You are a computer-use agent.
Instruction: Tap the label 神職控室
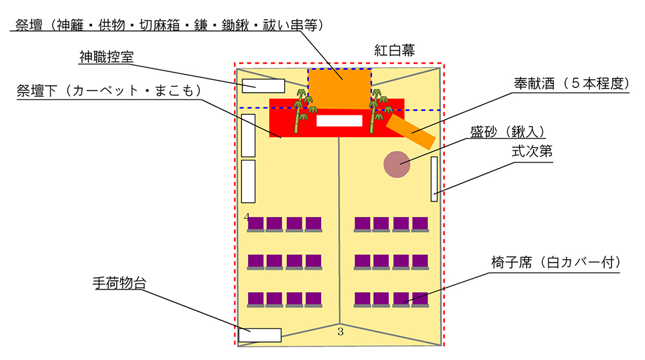point(106,57)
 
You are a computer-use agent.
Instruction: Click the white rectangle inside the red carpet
point(339,121)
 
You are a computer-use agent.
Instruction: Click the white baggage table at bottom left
point(260,334)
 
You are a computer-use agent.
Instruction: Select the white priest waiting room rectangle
point(263,85)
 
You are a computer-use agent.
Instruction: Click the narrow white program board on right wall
point(434,179)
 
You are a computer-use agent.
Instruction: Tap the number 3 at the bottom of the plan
point(340,331)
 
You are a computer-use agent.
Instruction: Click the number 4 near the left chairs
point(247,217)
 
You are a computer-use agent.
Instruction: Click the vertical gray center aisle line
point(339,215)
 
